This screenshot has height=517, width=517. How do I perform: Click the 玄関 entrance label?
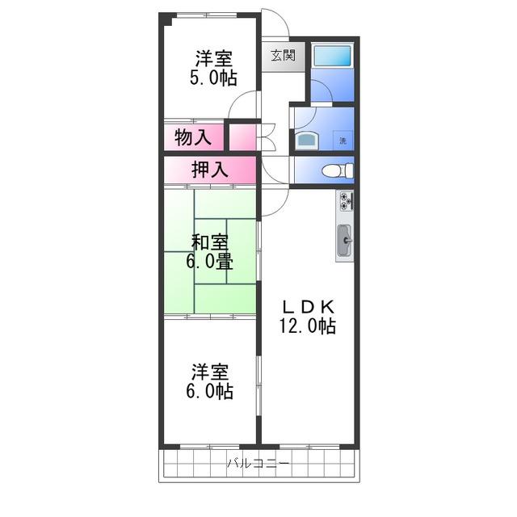tap(283, 56)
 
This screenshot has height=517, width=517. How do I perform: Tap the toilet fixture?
tap(338, 171)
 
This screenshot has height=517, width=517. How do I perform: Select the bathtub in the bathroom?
tap(332, 56)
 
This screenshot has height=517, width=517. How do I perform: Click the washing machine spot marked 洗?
tap(343, 141)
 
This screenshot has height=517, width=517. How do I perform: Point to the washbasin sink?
tap(307, 141)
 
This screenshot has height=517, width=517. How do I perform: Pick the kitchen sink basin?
tap(345, 241)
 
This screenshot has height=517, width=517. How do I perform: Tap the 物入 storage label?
tap(193, 137)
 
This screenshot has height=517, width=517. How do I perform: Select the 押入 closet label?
tap(210, 170)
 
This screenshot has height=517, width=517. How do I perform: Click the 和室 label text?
tap(210, 242)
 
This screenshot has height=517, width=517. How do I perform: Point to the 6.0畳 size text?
tap(210, 262)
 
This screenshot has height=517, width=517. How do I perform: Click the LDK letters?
tap(308, 307)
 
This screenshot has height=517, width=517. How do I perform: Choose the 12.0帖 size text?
tap(308, 326)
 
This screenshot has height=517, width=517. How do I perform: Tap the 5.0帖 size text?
tap(213, 78)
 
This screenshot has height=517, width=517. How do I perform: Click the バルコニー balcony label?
tap(258, 464)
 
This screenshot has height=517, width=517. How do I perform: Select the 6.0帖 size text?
tap(210, 391)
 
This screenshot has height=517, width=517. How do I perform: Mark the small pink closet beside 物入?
tap(242, 137)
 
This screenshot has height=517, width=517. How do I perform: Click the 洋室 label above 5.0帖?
tap(214, 58)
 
